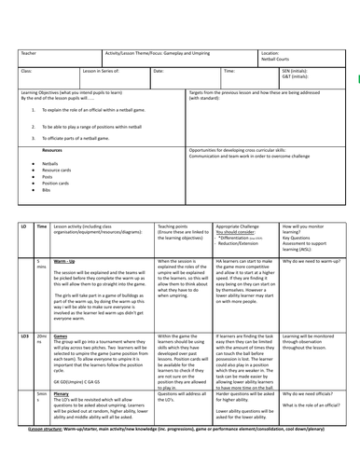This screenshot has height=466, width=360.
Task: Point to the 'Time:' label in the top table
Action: (229, 71)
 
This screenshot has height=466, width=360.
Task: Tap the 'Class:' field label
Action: (26, 71)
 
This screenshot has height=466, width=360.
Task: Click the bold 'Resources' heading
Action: (52, 149)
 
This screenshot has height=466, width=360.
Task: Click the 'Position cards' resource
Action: (57, 183)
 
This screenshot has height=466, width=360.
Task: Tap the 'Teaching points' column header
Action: (175, 226)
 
